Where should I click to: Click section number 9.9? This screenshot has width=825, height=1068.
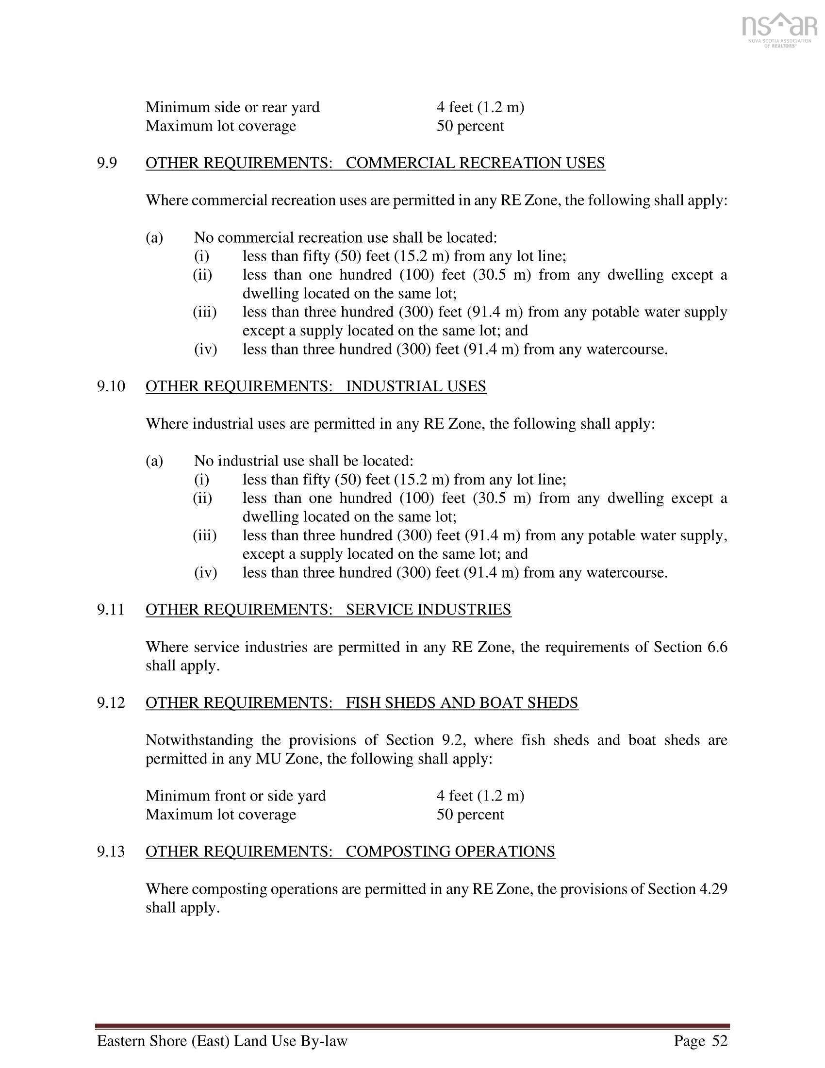pos(107,163)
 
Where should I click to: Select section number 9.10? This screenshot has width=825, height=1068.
pos(111,386)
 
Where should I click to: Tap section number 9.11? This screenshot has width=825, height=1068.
pos(111,610)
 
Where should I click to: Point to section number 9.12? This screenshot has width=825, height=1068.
pos(111,703)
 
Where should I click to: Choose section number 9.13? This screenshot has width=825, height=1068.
pos(111,851)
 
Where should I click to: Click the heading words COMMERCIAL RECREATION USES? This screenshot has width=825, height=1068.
pos(475,163)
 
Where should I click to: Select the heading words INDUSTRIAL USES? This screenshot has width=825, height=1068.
pos(416,386)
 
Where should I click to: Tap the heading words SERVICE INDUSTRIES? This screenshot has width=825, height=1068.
pos(428,610)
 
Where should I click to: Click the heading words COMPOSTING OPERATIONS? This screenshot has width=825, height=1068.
pos(450,851)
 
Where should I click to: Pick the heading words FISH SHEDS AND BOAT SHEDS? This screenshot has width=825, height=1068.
pos(462,703)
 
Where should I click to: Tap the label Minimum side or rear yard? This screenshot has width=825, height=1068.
pos(232,107)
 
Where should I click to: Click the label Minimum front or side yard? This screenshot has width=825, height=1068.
pos(235,796)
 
